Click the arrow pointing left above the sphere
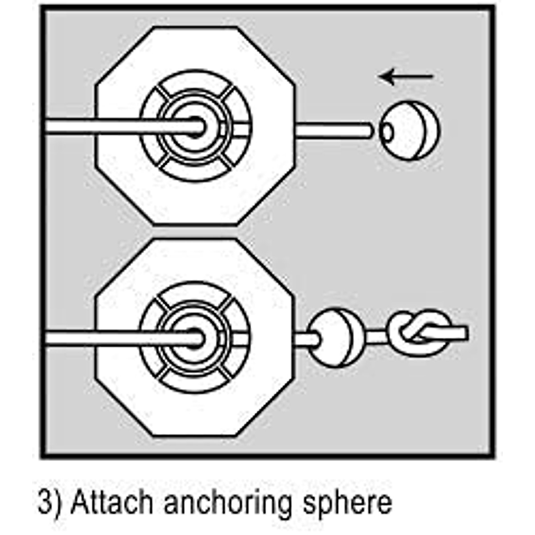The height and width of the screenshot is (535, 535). (x=406, y=77)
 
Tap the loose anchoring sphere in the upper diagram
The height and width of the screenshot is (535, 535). (x=409, y=130)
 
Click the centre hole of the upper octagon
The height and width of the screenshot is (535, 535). (x=197, y=127)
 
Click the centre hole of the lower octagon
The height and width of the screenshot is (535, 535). (x=197, y=339)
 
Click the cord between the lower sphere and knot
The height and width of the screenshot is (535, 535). (x=377, y=337)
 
